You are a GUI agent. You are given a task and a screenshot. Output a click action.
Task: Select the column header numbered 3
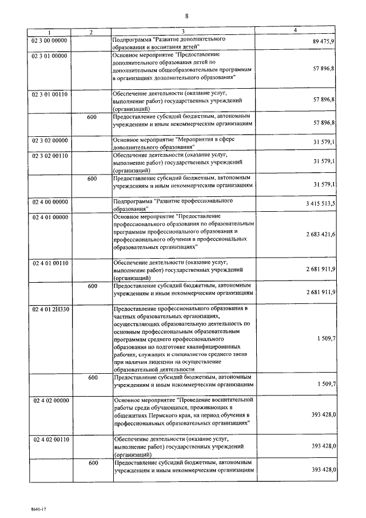(x=184, y=31)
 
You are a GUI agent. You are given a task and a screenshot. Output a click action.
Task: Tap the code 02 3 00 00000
(x=49, y=38)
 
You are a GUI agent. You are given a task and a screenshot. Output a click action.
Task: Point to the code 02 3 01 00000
(x=49, y=56)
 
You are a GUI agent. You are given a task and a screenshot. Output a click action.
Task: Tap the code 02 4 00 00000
(x=49, y=201)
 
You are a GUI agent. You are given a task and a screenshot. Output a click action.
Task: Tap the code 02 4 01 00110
(x=49, y=263)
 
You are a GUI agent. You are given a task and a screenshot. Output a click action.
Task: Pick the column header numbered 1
(x=49, y=31)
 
